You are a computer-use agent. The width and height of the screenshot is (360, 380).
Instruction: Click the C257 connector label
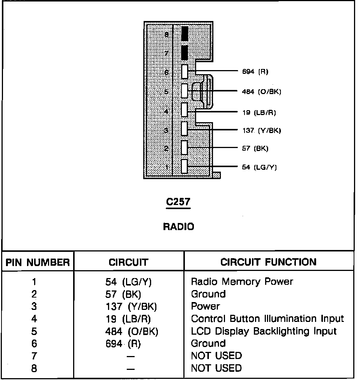coord(178,202)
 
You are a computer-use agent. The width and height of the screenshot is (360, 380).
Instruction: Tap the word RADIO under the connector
coord(178,226)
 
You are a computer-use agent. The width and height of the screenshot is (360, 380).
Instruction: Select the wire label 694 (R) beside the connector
coord(255,71)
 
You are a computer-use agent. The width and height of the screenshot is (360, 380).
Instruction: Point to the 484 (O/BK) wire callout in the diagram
coord(261,91)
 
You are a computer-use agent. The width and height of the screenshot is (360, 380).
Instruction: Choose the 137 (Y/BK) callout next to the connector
coord(261,130)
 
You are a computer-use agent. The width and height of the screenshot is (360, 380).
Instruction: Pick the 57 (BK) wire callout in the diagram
coord(255,148)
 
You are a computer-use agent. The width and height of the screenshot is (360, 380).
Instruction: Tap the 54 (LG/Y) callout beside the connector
coord(259,167)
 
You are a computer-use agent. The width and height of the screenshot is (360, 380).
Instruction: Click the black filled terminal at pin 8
coord(184,34)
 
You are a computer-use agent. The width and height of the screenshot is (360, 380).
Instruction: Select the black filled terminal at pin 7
coord(184,52)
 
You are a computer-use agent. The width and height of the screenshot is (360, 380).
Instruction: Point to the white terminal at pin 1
coord(184,166)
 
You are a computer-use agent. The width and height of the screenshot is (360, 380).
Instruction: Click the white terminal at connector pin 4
coord(184,110)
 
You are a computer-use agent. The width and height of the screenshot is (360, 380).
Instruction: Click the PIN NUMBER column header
coord(38,262)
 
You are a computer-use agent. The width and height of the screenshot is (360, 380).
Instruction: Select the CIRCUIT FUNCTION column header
coord(268,262)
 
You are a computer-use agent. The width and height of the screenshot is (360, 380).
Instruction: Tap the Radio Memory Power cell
coord(242,281)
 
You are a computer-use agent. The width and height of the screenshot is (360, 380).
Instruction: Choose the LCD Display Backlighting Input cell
coord(264,331)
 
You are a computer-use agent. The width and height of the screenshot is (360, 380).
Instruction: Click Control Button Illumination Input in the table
coord(267,319)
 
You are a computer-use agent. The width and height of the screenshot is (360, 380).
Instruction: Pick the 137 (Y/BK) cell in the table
coord(131,307)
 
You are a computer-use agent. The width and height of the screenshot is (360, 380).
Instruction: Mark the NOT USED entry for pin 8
coord(216,368)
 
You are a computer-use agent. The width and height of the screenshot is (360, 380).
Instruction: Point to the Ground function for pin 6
coord(208,343)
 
